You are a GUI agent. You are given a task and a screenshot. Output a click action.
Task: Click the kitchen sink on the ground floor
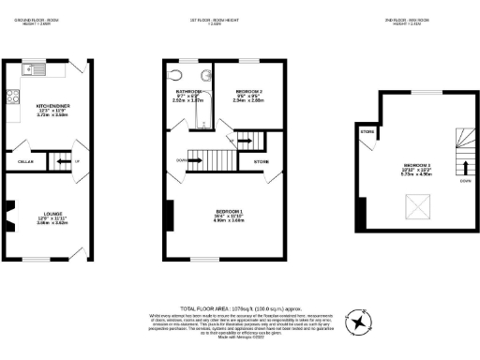pyautogui.click(x=35, y=67)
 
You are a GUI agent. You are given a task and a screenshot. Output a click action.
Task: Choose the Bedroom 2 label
pyautogui.click(x=248, y=93)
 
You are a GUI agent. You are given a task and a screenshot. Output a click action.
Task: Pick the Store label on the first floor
pyautogui.click(x=262, y=161)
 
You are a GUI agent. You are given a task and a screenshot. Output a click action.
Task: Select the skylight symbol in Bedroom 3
pyautogui.click(x=411, y=205)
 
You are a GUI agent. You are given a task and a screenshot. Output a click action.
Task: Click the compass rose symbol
pyautogui.click(x=357, y=322)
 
